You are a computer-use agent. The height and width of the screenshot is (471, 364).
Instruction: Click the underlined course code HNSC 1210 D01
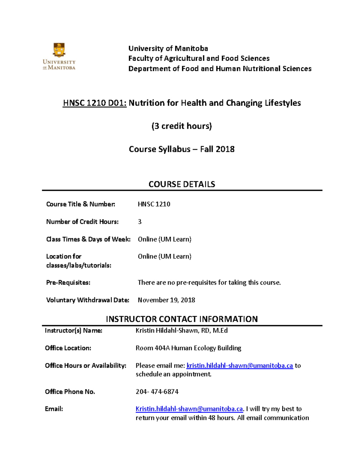(94, 103)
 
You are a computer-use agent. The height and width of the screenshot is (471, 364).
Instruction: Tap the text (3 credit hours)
(181, 126)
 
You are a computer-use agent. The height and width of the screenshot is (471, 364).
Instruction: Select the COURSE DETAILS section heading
(182, 184)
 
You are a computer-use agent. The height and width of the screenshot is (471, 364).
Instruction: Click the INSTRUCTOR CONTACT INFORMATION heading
(182, 319)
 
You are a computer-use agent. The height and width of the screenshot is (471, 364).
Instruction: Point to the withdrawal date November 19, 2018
(166, 300)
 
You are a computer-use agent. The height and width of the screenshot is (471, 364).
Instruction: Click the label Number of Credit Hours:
(82, 222)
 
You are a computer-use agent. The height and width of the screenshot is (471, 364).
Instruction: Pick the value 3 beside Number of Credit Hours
(140, 222)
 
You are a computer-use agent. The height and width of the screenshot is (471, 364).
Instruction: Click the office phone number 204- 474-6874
(157, 392)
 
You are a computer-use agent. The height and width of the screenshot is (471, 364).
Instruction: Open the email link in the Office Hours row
(239, 365)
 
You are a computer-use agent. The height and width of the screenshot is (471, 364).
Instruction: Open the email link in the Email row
(189, 409)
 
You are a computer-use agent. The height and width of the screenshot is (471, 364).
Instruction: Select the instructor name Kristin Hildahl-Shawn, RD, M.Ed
(181, 331)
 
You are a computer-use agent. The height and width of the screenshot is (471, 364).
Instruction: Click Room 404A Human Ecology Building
(188, 348)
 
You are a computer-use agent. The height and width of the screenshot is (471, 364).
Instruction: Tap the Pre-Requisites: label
(68, 283)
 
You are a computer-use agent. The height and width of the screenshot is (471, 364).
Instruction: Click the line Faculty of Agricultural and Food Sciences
(199, 58)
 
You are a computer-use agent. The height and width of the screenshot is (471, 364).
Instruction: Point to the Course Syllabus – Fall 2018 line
(181, 149)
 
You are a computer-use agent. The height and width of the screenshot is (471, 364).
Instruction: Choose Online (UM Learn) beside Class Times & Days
(164, 239)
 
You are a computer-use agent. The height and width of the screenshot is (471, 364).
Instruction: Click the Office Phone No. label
(70, 392)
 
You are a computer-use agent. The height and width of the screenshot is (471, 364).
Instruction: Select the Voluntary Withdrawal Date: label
(87, 300)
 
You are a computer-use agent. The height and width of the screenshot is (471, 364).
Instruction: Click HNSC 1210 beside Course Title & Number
(154, 204)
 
